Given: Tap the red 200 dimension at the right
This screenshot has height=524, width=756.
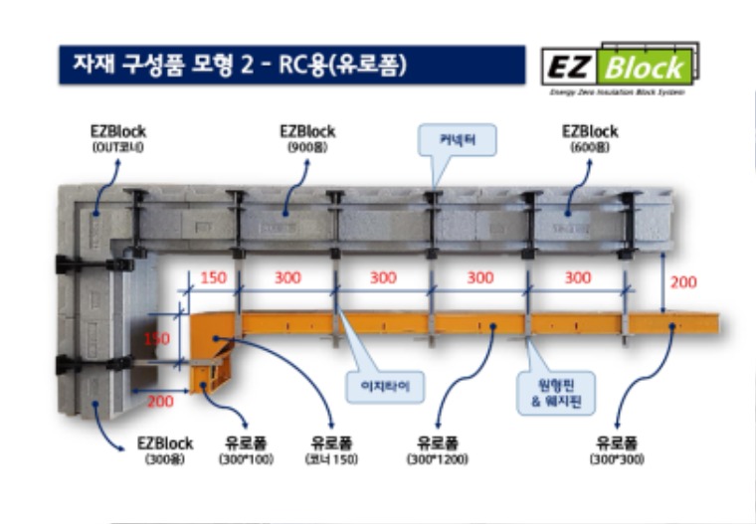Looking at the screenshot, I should coord(682,282).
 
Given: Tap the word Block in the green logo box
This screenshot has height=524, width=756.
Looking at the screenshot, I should coord(646,68).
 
